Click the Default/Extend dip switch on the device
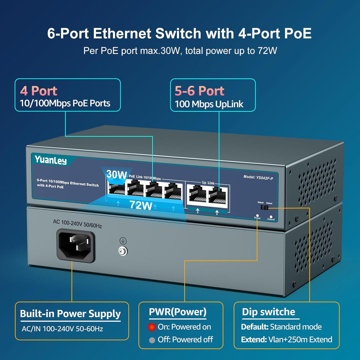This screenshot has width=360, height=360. (265, 207)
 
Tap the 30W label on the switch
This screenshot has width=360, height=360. (117, 174)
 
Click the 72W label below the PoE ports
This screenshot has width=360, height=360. (141, 205)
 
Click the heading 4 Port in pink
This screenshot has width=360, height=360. (39, 91)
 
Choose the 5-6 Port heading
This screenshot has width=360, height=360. (199, 91)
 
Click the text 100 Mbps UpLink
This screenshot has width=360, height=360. (209, 104)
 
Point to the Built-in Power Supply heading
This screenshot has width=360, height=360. (70, 314)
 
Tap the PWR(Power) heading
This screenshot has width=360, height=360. (178, 312)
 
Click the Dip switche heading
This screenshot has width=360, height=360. (268, 312)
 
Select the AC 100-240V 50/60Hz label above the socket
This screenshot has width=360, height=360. (77, 222)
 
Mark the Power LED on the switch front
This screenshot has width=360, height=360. (257, 215)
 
